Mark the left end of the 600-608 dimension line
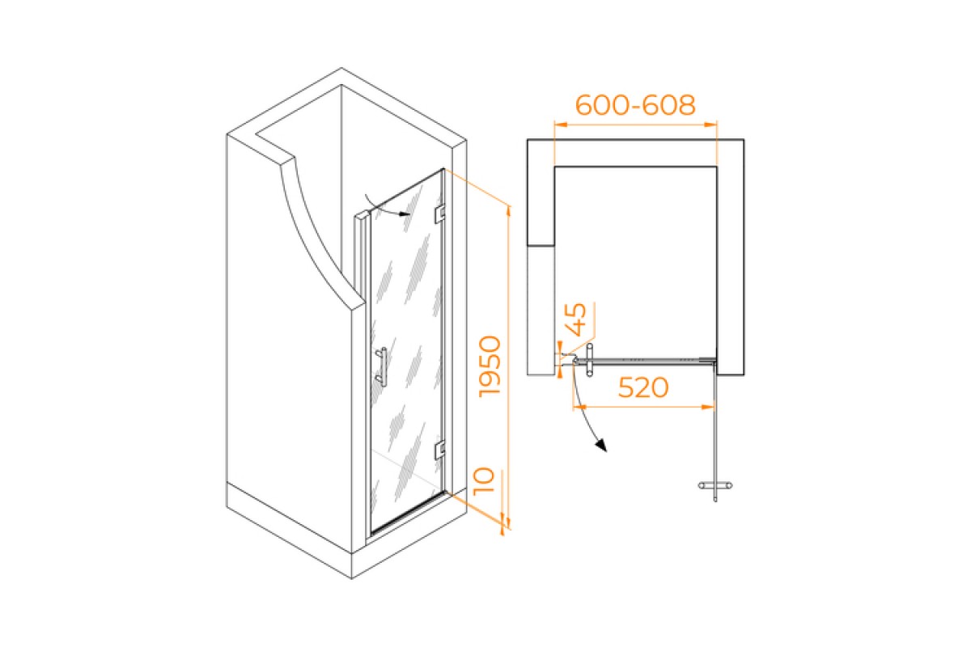555,125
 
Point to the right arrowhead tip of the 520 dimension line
714,407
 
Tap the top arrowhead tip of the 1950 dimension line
508,206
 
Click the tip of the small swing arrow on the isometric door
410,214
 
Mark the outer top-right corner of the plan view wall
744,139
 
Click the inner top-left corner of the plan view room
555,167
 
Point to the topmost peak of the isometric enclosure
341,68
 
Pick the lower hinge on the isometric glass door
440,450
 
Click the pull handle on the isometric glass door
381,366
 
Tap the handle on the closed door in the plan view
589,360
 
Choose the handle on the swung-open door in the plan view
715,486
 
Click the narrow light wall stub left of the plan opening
541,311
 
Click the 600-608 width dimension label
635,105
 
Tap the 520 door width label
643,387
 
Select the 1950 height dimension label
490,366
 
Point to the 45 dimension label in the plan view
576,319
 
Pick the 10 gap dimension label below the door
484,481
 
